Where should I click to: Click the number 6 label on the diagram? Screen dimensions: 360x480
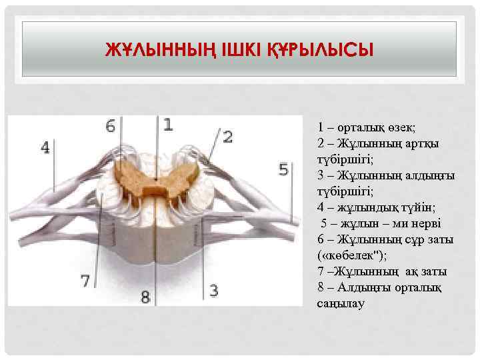[111, 125]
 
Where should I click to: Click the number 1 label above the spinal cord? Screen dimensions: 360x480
[167, 124]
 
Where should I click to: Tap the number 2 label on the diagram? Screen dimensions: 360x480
[227, 137]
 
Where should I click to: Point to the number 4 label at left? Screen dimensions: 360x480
[45, 147]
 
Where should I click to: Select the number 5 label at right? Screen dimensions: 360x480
[283, 169]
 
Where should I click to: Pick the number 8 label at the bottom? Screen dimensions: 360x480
[145, 295]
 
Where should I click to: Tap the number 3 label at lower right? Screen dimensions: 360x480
[213, 290]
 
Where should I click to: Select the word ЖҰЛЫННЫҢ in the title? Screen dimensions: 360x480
[160, 50]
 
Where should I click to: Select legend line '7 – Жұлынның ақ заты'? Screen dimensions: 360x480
[383, 272]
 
